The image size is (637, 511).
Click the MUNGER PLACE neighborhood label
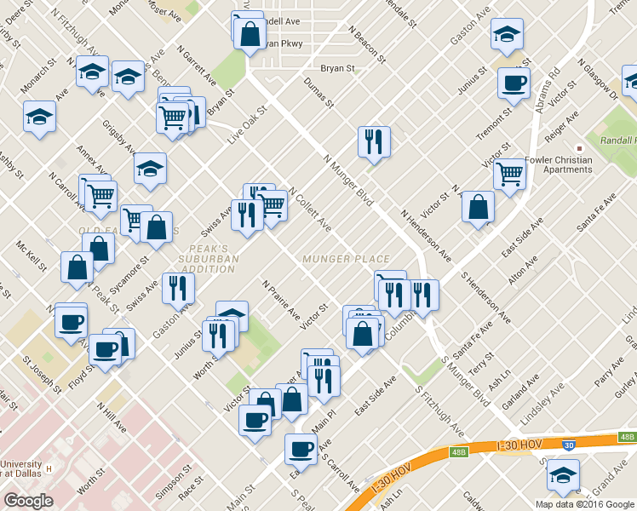tap(346, 259)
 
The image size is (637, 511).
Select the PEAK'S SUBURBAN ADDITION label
tap(208, 259)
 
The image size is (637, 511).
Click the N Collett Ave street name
tap(309, 210)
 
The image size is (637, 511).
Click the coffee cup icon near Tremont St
tap(514, 83)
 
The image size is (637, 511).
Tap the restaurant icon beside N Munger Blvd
tap(374, 141)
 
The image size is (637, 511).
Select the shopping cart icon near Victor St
tap(509, 174)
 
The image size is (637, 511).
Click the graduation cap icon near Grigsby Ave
tap(150, 169)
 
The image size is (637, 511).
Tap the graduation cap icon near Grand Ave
tap(563, 474)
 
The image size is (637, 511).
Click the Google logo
tap(28, 501)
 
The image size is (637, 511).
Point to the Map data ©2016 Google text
tap(584, 504)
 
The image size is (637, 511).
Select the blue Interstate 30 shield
tap(568, 445)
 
